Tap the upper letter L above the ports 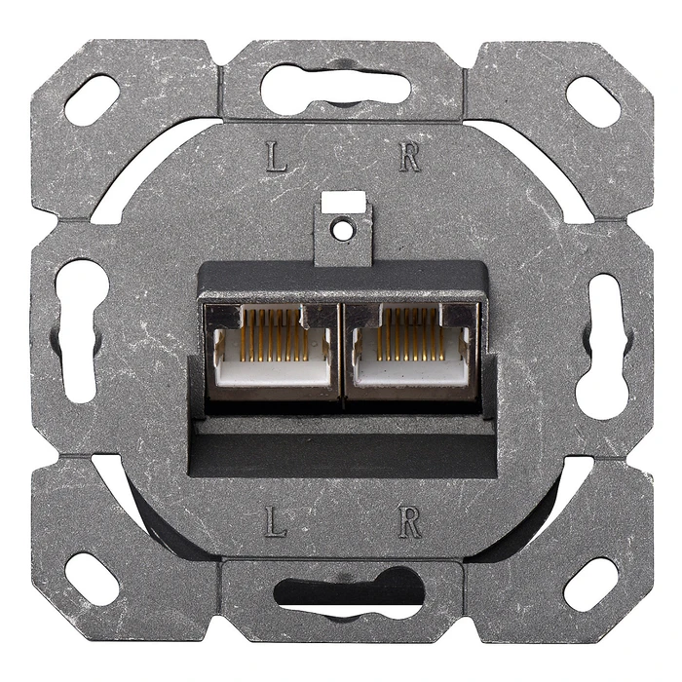(278, 157)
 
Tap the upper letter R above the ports (409, 157)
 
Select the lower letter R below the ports (410, 523)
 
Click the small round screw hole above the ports (341, 230)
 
